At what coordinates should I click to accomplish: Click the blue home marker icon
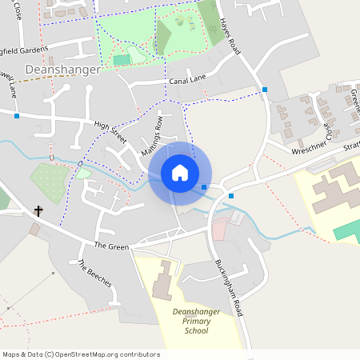[x=180, y=173]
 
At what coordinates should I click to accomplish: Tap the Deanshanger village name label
[x=62, y=70]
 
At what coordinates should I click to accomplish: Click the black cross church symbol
[x=38, y=211]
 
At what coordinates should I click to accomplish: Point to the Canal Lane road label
[x=186, y=82]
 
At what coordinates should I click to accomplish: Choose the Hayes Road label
[x=230, y=38]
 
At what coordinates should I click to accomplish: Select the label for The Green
[x=111, y=246]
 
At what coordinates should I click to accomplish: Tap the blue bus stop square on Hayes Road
[x=265, y=89]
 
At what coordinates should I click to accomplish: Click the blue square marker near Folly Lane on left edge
[x=17, y=116]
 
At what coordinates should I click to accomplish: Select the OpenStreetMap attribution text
[x=81, y=354]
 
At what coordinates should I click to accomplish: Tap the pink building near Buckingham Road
[x=218, y=230]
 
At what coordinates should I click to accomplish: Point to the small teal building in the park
[x=121, y=60]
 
